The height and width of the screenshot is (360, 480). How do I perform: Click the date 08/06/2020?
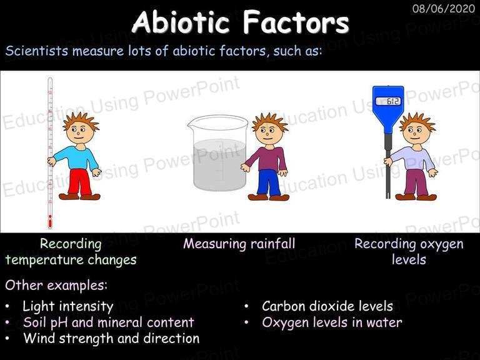(444, 8)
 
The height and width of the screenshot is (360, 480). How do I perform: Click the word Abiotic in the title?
(181, 22)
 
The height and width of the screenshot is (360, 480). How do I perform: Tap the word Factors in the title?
(296, 22)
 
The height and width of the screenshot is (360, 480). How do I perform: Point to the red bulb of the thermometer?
(50, 221)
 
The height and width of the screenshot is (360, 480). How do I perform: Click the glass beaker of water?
(218, 153)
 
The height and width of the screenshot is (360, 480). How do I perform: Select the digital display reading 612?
(388, 101)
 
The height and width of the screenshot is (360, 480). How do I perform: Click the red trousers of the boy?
(79, 182)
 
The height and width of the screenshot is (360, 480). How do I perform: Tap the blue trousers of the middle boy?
(269, 182)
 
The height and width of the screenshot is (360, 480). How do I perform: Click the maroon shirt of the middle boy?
(267, 158)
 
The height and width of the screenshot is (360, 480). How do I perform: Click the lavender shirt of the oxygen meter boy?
(414, 158)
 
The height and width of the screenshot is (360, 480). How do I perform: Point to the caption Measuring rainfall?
(239, 244)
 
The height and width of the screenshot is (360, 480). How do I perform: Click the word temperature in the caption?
(44, 260)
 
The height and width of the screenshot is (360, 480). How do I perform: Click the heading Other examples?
(56, 285)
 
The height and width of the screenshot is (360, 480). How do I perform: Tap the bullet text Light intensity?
(68, 306)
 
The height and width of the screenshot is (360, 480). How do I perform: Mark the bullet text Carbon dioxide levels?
(327, 306)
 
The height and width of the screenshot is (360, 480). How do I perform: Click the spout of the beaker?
(191, 123)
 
